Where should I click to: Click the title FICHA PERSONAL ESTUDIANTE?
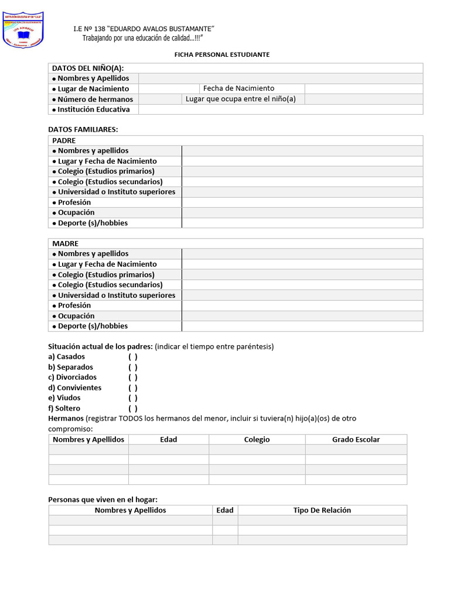pyautogui.click(x=222, y=54)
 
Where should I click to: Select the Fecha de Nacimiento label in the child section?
pyautogui.click(x=238, y=88)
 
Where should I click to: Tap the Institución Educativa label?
pyautogui.click(x=94, y=109)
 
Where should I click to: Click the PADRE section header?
pyautogui.click(x=64, y=140)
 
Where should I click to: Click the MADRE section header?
pyautogui.click(x=65, y=243)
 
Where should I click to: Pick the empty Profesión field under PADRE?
pyautogui.click(x=302, y=202)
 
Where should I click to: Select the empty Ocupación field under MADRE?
pyautogui.click(x=302, y=316)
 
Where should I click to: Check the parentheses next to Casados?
pyautogui.click(x=133, y=357)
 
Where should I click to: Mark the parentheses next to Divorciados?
pyautogui.click(x=133, y=377)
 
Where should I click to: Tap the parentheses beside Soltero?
pyautogui.click(x=133, y=408)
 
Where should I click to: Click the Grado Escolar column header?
pyautogui.click(x=356, y=439)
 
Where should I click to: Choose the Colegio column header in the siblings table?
pyautogui.click(x=257, y=439)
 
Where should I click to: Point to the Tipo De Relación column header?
pyautogui.click(x=322, y=510)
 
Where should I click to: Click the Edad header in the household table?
pyautogui.click(x=225, y=510)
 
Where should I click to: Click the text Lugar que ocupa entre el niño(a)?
pyautogui.click(x=241, y=99)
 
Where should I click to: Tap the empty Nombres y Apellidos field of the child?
pyautogui.click(x=280, y=78)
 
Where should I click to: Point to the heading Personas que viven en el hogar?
pyautogui.click(x=103, y=500)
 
